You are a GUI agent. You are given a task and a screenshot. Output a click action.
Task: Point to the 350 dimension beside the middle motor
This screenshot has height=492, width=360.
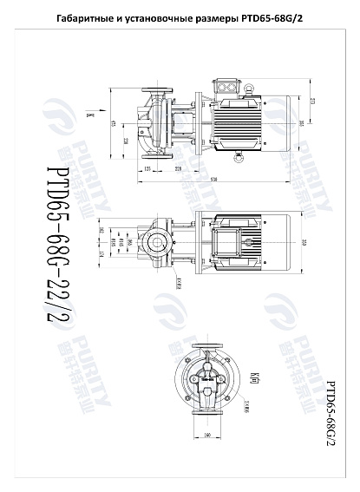tap(304, 240)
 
